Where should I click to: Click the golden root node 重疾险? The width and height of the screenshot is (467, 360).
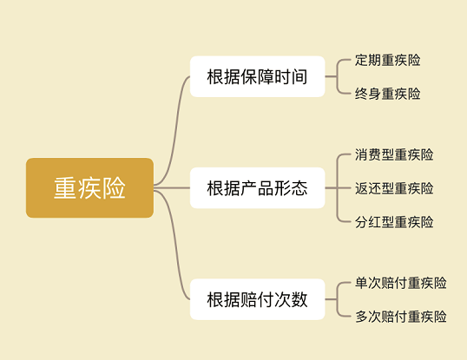click(x=89, y=187)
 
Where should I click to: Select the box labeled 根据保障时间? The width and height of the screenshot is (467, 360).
click(x=257, y=76)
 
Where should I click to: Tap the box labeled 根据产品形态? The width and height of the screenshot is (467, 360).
click(x=257, y=187)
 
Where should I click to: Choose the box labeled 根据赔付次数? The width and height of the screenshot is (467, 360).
click(x=257, y=299)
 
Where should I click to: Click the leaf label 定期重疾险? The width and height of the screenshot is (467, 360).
click(x=387, y=60)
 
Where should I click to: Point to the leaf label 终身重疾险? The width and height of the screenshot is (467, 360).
click(x=387, y=94)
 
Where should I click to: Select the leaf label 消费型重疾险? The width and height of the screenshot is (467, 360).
click(x=394, y=154)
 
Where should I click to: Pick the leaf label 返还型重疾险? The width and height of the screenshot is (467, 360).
click(x=394, y=188)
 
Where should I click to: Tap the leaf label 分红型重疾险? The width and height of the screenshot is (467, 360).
click(x=394, y=222)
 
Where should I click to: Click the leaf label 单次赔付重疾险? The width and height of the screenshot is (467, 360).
click(x=401, y=283)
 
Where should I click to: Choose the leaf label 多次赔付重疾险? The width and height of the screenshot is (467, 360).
click(x=401, y=317)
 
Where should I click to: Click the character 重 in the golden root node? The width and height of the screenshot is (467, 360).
click(x=65, y=188)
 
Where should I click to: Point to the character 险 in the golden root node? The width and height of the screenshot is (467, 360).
click(x=114, y=188)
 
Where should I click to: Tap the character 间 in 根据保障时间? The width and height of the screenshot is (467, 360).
click(x=299, y=76)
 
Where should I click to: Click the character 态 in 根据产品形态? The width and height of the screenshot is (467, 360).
click(x=299, y=188)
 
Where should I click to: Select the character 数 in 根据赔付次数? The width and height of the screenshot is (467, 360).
click(x=299, y=299)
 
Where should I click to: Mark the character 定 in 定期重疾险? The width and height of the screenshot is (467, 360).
click(x=361, y=60)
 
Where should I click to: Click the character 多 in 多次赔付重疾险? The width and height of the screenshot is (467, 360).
click(x=362, y=317)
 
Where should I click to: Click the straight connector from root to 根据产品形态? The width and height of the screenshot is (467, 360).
click(x=172, y=187)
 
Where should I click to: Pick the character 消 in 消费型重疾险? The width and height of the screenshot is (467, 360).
click(x=361, y=154)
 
